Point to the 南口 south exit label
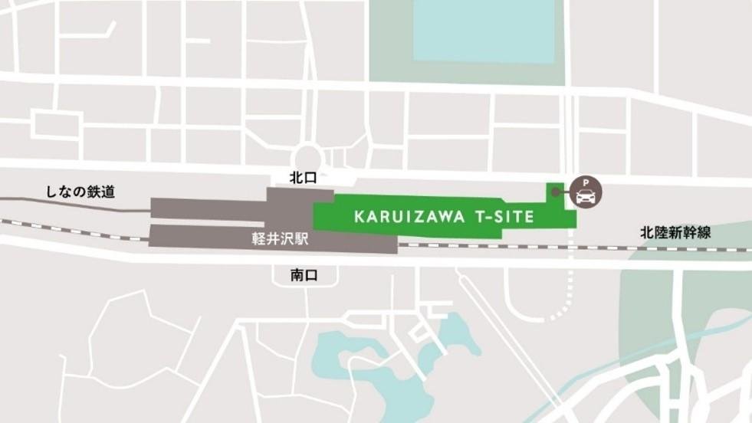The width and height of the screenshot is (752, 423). coord(304,274)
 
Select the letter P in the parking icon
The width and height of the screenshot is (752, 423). coord(585,184)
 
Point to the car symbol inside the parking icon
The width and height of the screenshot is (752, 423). coord(585,197)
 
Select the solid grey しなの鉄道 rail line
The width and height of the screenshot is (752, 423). coord(77,203)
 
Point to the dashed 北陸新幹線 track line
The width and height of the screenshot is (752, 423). coord(521,247)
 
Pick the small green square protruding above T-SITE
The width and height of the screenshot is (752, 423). coord(553,193)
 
